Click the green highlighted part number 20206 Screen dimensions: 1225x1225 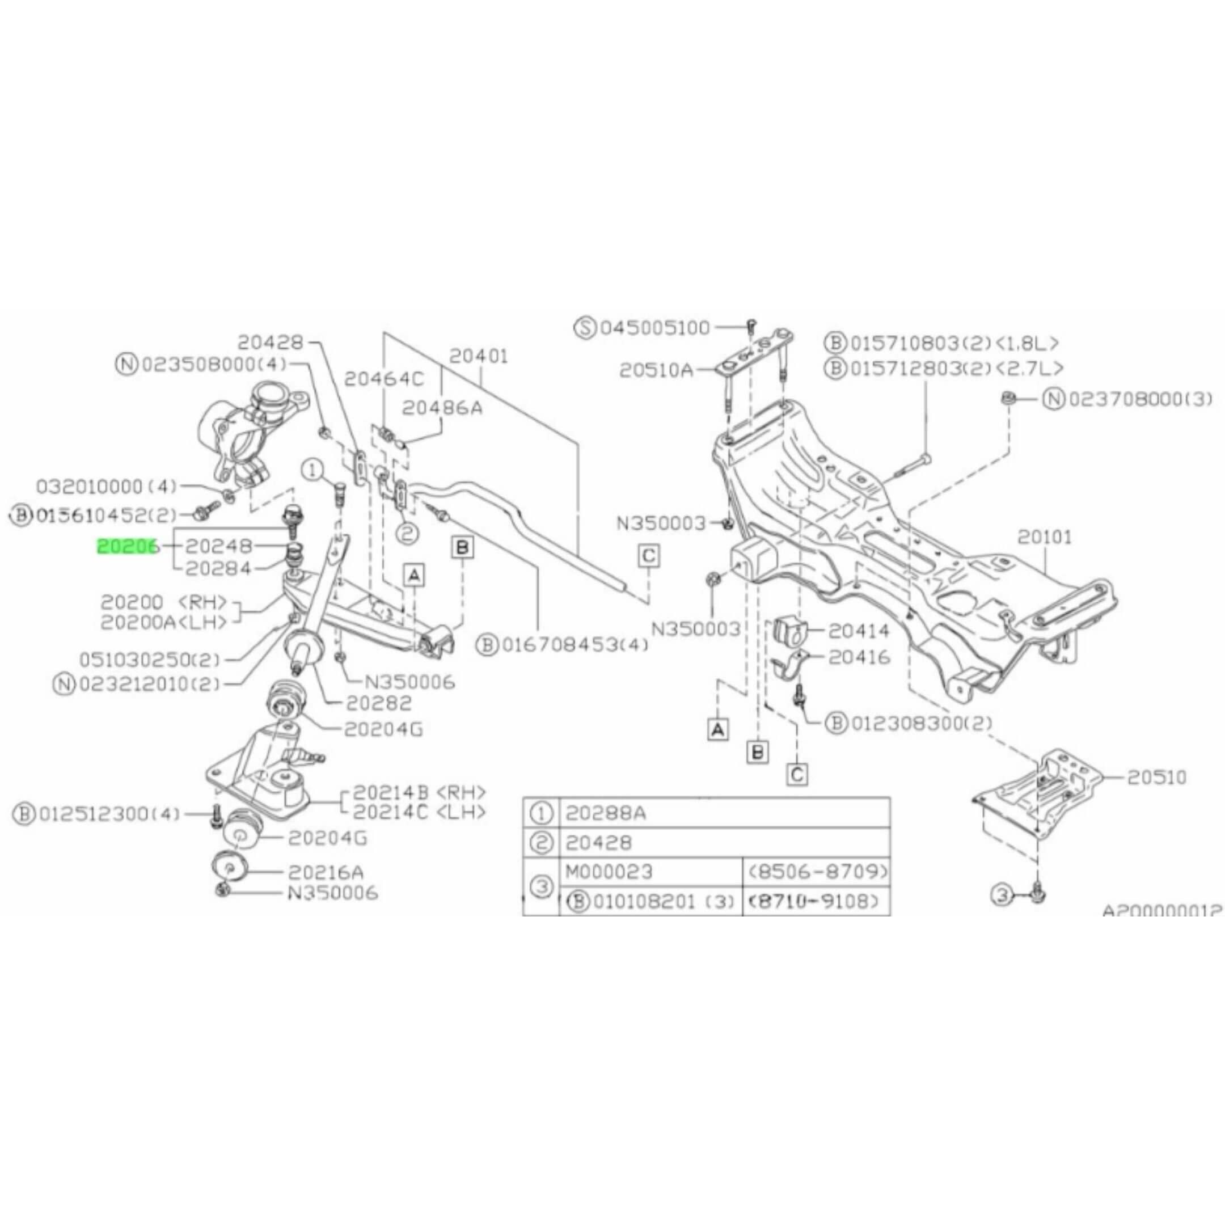click(x=127, y=546)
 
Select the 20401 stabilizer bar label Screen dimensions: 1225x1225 click(x=479, y=356)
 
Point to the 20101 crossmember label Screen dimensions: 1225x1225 click(x=1045, y=537)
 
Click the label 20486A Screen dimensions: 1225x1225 click(x=442, y=407)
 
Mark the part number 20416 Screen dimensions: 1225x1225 click(x=859, y=657)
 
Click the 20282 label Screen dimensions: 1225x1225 click(x=378, y=703)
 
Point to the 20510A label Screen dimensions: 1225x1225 click(x=656, y=370)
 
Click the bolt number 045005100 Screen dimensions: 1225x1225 click(x=655, y=328)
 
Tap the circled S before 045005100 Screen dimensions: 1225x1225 click(x=585, y=328)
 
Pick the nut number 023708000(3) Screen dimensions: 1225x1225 click(x=1140, y=399)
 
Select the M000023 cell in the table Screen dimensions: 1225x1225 click(x=608, y=872)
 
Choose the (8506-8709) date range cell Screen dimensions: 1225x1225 click(x=817, y=872)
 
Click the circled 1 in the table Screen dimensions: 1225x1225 click(x=541, y=813)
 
